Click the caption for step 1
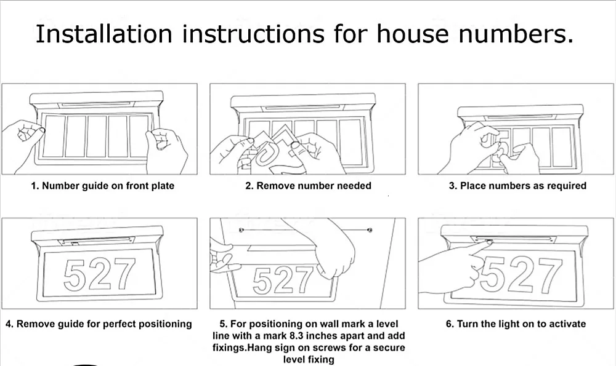(103, 186)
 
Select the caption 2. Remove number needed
(308, 186)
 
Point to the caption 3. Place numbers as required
(517, 186)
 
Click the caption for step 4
(99, 324)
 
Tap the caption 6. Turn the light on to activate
(516, 324)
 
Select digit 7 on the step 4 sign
(124, 274)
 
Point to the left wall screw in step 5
(241, 231)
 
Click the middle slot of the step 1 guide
(97, 135)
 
